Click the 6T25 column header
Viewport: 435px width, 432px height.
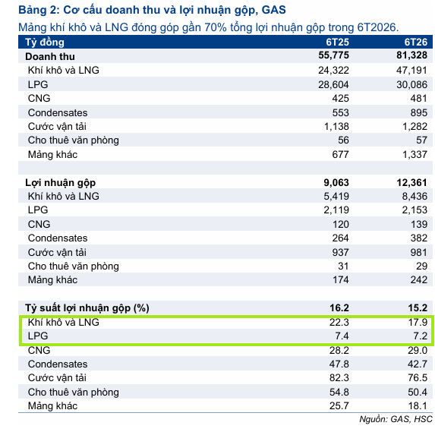pyautogui.click(x=337, y=43)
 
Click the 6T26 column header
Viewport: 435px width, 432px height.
pyautogui.click(x=415, y=43)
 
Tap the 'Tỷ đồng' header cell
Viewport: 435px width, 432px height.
pyautogui.click(x=45, y=43)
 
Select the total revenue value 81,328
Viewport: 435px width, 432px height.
pyautogui.click(x=411, y=55)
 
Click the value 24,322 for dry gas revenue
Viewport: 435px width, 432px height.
pyautogui.click(x=333, y=71)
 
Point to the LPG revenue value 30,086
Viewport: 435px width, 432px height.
pyautogui.click(x=411, y=84)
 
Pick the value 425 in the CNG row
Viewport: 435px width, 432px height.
pyautogui.click(x=340, y=99)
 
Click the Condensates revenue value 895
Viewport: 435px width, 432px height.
pyautogui.click(x=419, y=112)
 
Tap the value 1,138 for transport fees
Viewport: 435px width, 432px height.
pyautogui.click(x=336, y=127)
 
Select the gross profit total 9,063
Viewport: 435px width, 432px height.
pyautogui.click(x=336, y=182)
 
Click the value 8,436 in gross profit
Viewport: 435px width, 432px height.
pyautogui.click(x=415, y=197)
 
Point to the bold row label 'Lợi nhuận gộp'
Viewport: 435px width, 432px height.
pyautogui.click(x=61, y=183)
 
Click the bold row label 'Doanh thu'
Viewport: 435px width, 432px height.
pyautogui.click(x=50, y=57)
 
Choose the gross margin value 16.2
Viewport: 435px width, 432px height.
pyautogui.click(x=339, y=308)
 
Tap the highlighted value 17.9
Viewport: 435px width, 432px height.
pyautogui.click(x=418, y=323)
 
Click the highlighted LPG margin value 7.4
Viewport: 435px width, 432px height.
pyautogui.click(x=342, y=336)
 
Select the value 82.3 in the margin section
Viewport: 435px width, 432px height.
pyautogui.click(x=339, y=378)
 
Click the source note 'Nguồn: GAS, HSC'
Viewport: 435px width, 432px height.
pyautogui.click(x=396, y=419)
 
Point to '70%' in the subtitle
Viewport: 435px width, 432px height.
pyautogui.click(x=216, y=27)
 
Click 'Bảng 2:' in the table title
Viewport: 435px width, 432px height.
pyautogui.click(x=39, y=10)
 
